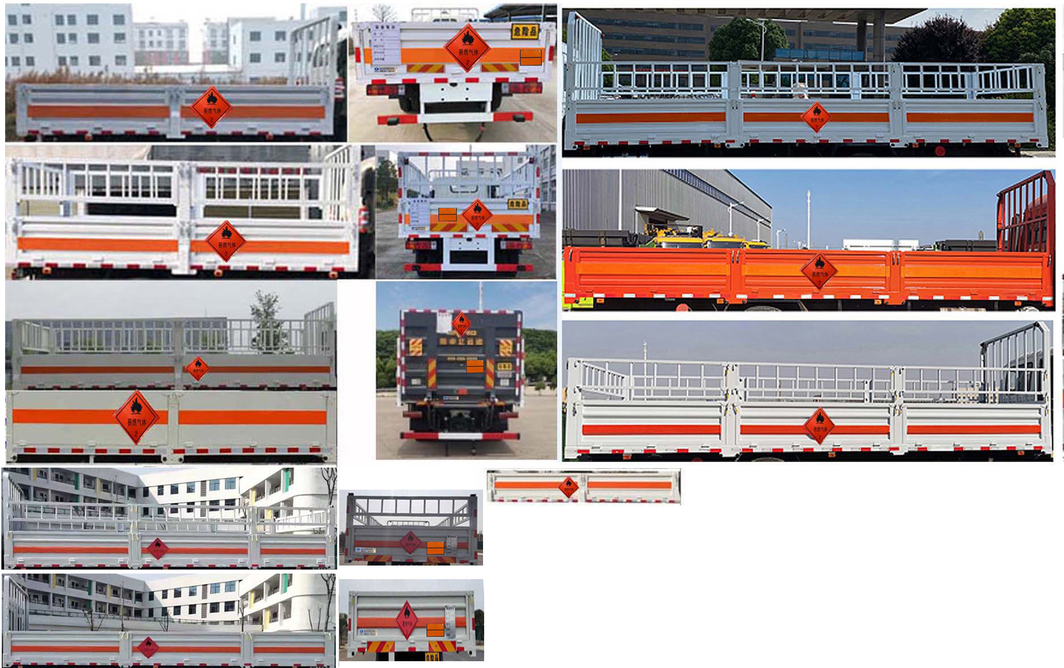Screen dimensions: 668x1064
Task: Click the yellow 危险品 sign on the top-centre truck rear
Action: (x=524, y=31)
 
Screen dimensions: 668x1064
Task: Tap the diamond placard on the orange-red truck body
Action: (x=819, y=271)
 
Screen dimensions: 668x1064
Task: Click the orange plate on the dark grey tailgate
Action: (x=475, y=366)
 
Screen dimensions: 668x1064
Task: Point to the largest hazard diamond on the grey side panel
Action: (x=136, y=417)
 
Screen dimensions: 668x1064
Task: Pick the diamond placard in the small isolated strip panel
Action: (x=568, y=486)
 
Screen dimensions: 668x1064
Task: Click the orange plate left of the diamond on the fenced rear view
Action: (x=447, y=215)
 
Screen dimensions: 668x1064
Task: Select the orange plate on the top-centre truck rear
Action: (x=531, y=57)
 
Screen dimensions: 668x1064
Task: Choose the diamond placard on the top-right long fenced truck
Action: (x=816, y=117)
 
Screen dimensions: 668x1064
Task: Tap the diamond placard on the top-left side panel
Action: (x=211, y=107)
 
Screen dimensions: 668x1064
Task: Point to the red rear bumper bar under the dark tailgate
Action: (x=459, y=435)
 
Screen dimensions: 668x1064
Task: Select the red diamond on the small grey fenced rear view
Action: (x=410, y=542)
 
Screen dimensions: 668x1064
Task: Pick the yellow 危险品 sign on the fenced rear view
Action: (x=518, y=204)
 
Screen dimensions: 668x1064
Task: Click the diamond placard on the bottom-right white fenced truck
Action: (x=818, y=426)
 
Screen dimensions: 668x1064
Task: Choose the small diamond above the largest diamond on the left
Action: (x=197, y=367)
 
